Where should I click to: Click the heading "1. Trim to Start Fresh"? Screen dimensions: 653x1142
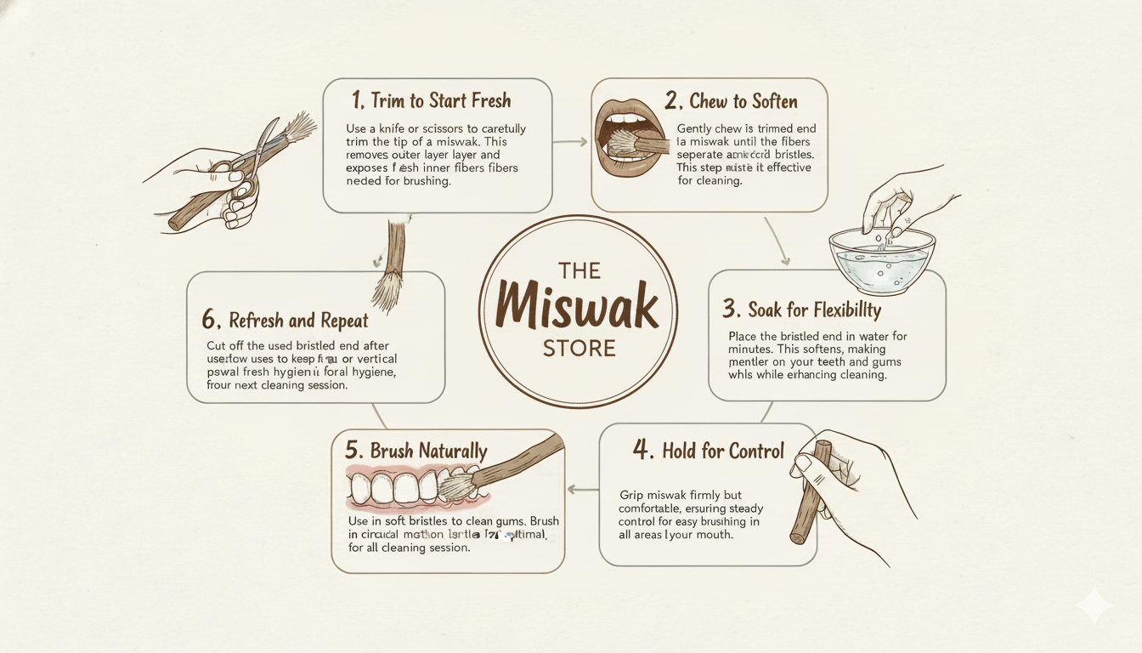point(432,101)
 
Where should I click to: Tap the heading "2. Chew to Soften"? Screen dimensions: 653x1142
point(731,102)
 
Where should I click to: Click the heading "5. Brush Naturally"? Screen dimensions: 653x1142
point(416,451)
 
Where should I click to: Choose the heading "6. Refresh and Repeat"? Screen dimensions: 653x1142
point(285,321)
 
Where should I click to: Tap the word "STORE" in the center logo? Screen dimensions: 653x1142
point(579,349)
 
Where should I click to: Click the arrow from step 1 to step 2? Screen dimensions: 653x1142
point(570,141)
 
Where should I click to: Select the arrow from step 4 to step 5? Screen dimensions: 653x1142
point(582,489)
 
